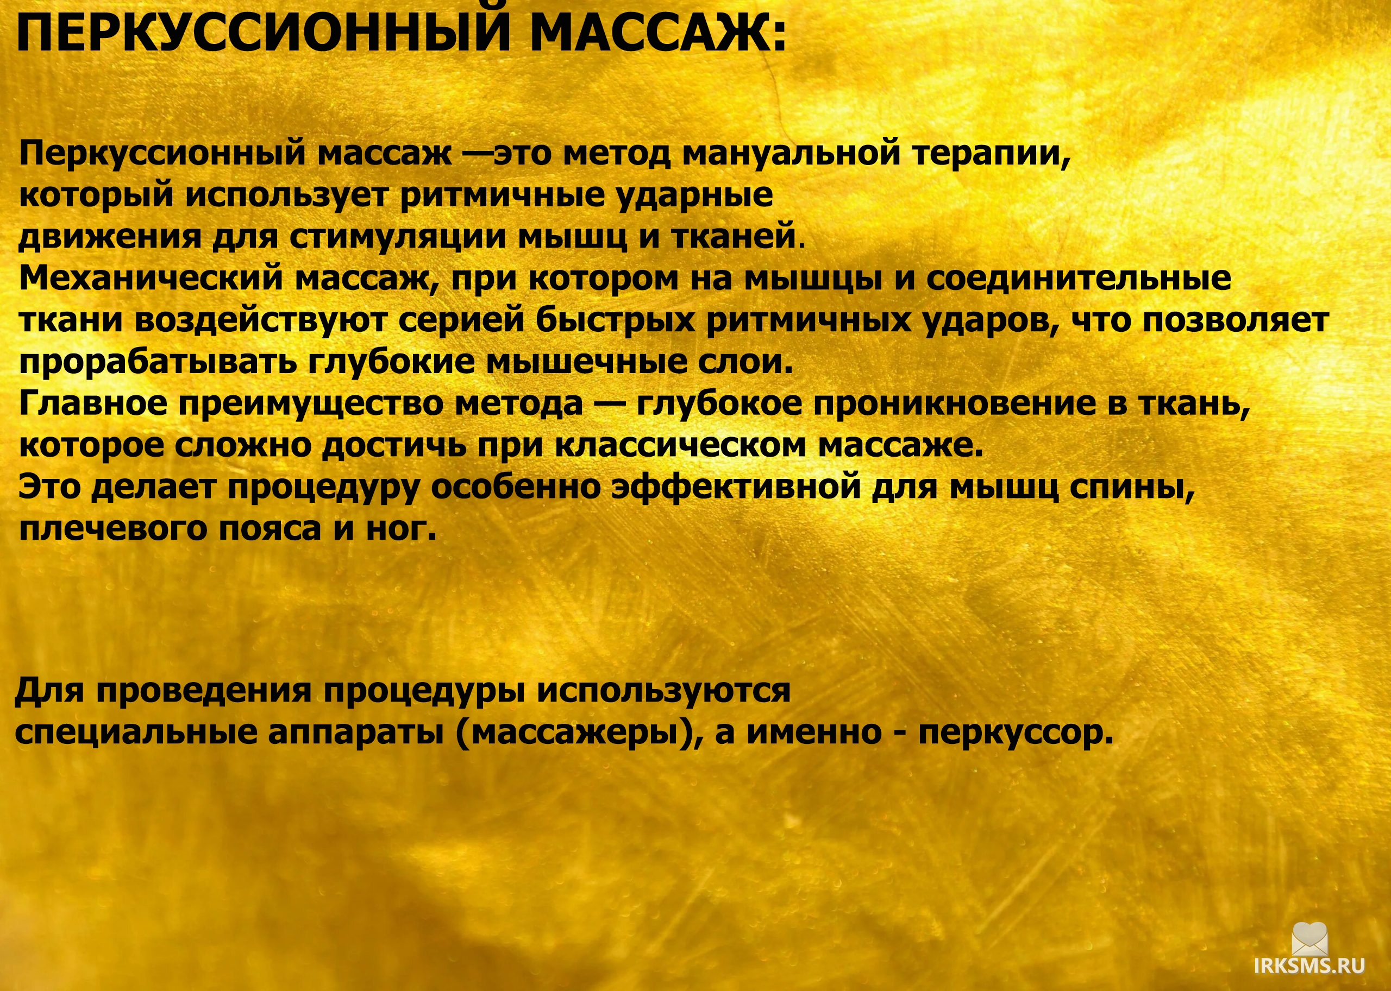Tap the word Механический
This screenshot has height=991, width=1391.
pos(152,279)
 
